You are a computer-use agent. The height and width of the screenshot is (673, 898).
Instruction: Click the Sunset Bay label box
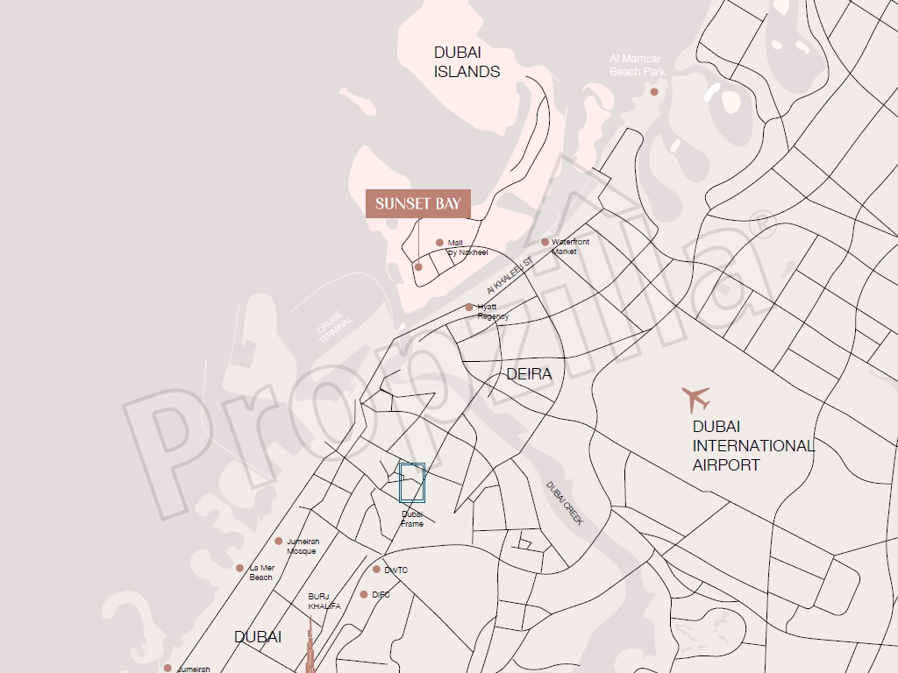click(x=417, y=204)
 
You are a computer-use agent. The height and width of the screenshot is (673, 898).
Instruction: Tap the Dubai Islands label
click(x=467, y=62)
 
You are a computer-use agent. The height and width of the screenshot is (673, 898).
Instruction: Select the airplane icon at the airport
click(x=696, y=400)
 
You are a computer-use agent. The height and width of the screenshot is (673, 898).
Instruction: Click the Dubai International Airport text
click(x=752, y=445)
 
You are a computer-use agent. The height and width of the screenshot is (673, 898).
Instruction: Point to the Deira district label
click(x=529, y=374)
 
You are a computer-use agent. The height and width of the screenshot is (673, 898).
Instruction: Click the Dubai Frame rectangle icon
click(x=412, y=483)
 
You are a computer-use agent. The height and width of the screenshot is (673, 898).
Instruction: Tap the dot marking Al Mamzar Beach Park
click(x=653, y=91)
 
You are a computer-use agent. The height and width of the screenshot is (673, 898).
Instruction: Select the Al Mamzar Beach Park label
click(x=638, y=66)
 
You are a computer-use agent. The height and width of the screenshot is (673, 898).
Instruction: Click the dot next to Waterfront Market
click(x=545, y=242)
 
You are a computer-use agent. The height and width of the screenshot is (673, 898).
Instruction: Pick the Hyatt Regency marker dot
click(x=469, y=308)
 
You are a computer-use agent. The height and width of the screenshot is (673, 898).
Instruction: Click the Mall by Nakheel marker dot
click(x=439, y=243)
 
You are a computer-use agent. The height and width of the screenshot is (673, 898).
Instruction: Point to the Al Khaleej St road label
click(x=510, y=276)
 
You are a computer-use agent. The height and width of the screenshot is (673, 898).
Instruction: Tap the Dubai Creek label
click(x=564, y=503)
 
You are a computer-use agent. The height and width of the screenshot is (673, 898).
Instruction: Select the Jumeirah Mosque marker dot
click(x=279, y=542)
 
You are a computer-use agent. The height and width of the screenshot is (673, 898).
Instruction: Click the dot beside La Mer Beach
click(x=239, y=568)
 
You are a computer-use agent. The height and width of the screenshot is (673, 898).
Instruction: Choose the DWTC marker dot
click(x=376, y=570)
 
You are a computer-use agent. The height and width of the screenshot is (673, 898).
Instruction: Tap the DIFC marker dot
click(x=364, y=594)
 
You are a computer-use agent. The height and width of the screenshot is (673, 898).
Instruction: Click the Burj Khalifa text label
click(x=317, y=601)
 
